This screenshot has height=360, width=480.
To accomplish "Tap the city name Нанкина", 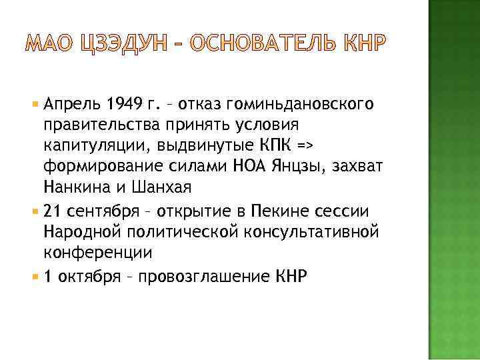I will tap(74, 187).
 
